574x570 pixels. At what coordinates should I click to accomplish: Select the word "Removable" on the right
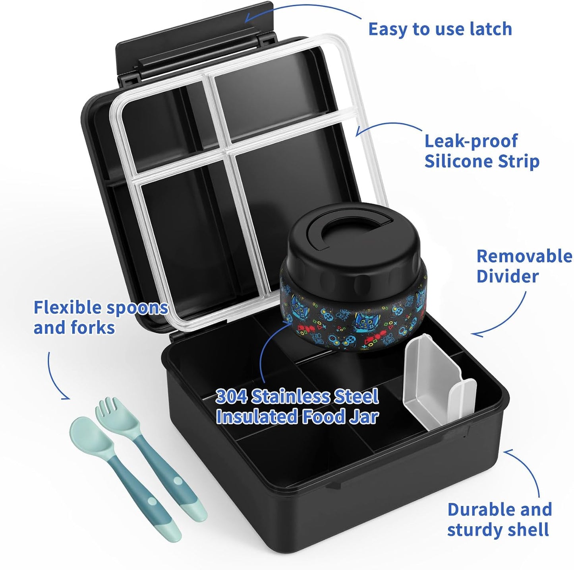[x=524, y=257]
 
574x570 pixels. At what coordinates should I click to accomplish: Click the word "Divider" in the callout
[x=508, y=276]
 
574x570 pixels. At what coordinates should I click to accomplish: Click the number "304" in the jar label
[x=231, y=396]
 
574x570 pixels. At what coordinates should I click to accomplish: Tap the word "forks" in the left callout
[x=93, y=327]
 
